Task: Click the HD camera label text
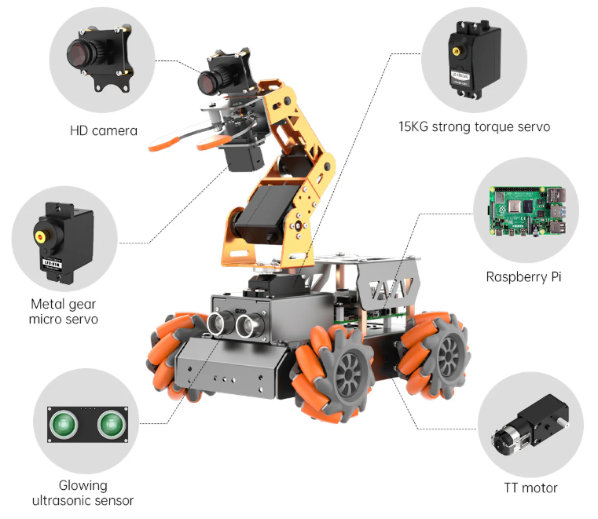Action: click(x=103, y=130)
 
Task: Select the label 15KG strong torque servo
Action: click(x=474, y=126)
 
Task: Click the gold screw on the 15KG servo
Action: click(x=456, y=49)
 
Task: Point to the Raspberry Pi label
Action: click(x=523, y=276)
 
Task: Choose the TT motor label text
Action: click(x=530, y=488)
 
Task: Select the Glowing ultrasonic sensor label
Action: click(x=83, y=493)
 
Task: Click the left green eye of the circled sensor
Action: click(x=64, y=424)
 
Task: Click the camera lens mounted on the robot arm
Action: click(x=207, y=80)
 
